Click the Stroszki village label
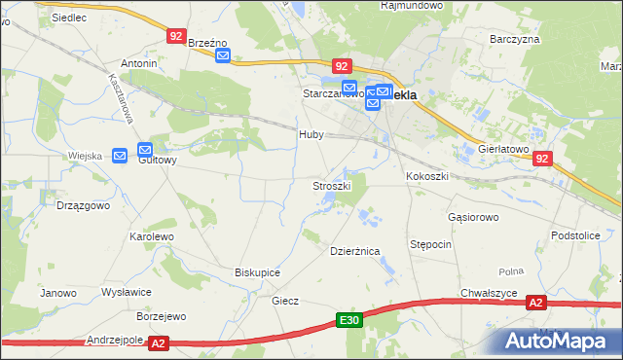point(331,185)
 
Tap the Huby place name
point(311,135)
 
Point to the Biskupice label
point(258,272)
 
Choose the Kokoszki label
point(426,177)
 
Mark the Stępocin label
point(430,244)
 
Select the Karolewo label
point(151,236)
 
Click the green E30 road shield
point(350,320)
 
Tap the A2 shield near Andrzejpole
point(160,342)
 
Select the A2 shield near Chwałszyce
point(536,304)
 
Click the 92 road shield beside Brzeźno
point(175,35)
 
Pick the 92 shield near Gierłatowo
point(543,159)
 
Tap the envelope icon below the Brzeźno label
point(223,55)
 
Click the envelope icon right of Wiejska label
point(121,155)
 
